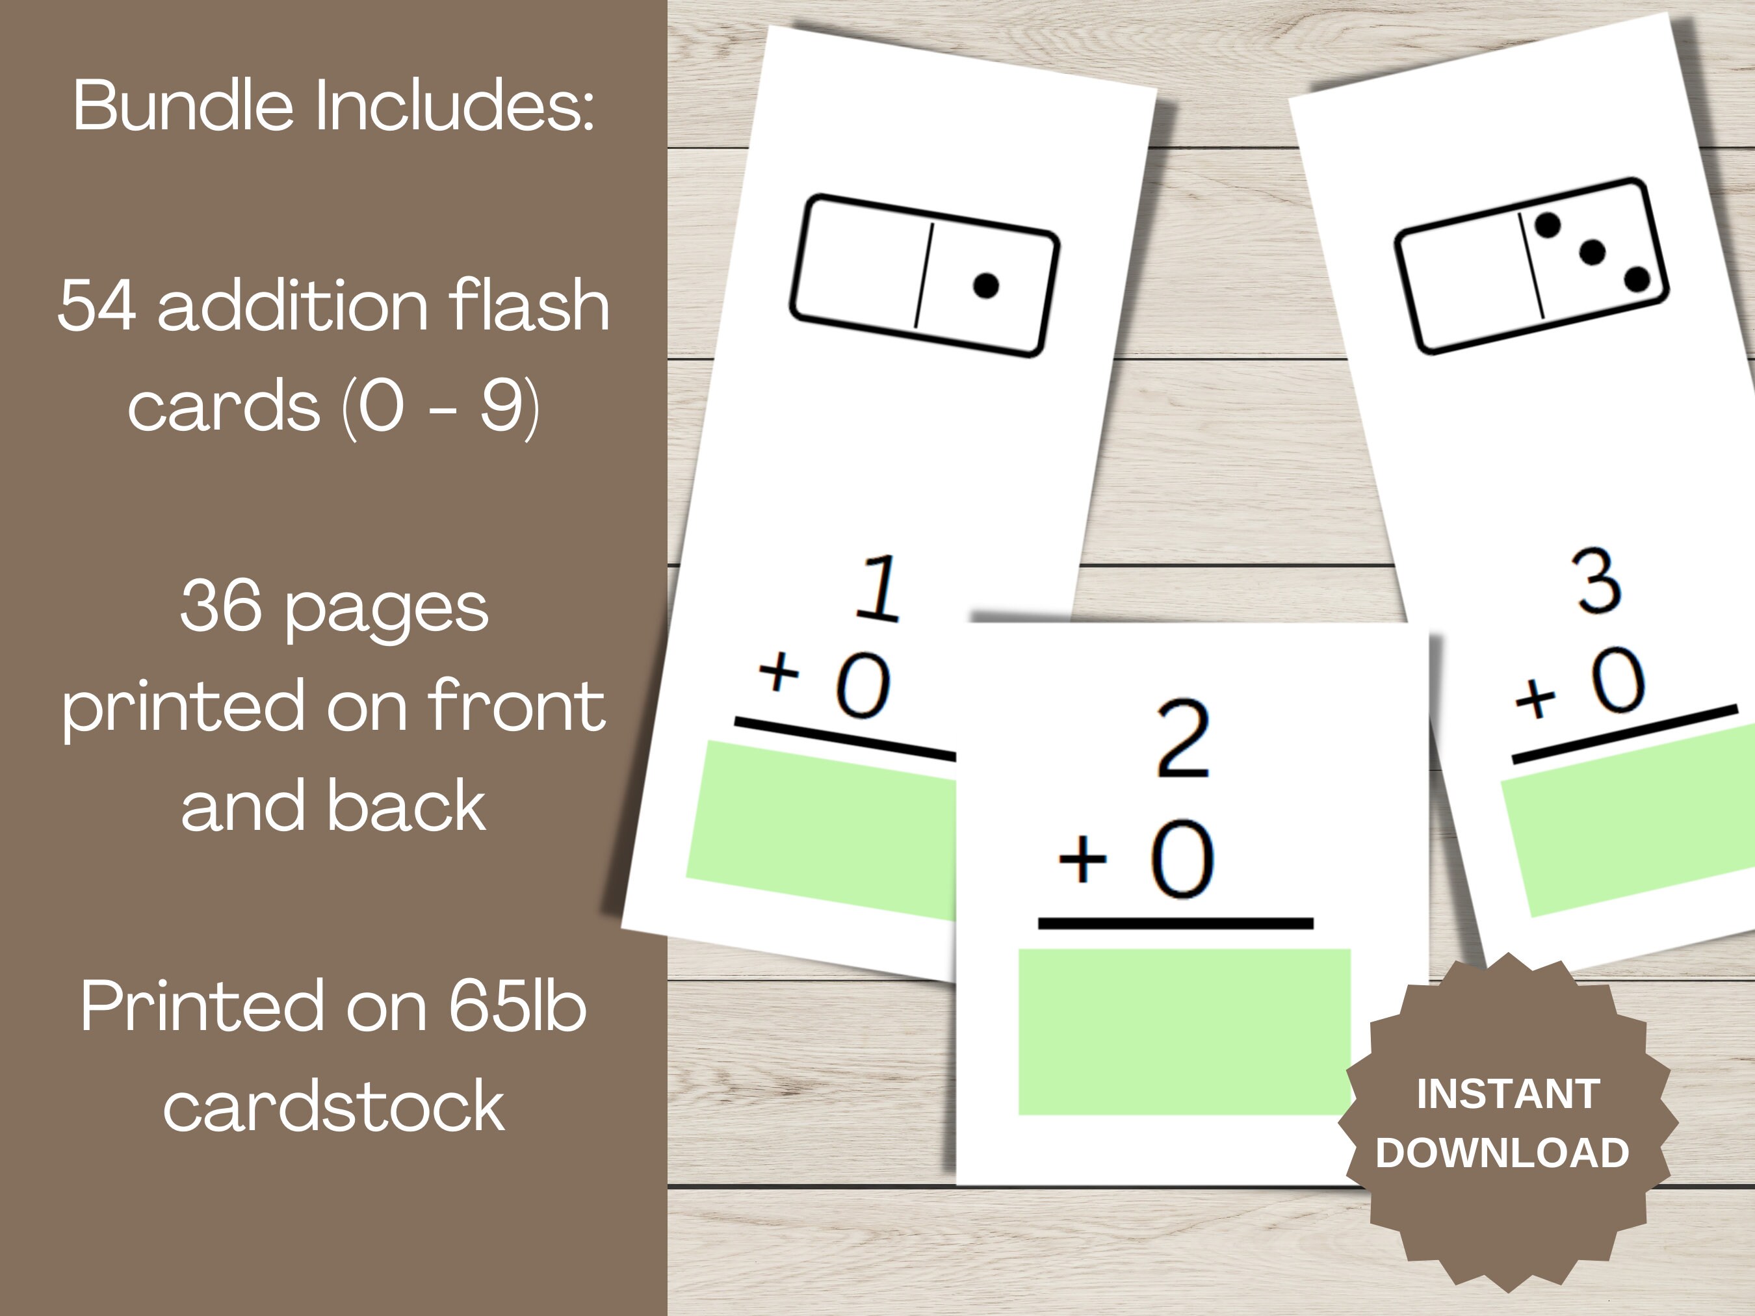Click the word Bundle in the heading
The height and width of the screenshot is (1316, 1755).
pos(183,105)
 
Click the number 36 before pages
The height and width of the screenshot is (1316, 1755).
pos(220,606)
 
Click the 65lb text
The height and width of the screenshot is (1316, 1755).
pos(518,1006)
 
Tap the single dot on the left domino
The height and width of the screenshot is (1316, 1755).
pos(985,285)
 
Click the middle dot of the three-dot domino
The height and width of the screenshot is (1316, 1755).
pos(1592,253)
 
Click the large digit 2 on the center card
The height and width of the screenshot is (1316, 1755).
pos(1182,740)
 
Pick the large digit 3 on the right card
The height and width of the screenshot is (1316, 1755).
pos(1596,582)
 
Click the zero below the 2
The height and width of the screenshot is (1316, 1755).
pos(1182,859)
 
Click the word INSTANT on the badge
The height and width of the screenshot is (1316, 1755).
pos(1508,1094)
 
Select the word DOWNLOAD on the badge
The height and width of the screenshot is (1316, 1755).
pos(1503,1153)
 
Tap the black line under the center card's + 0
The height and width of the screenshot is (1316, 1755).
pos(1176,923)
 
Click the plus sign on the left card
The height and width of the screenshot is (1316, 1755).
pos(779,672)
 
